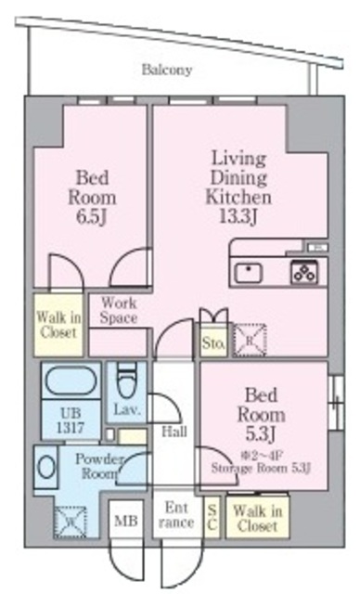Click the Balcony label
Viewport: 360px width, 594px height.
[167, 70]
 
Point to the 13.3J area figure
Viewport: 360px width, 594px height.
[238, 217]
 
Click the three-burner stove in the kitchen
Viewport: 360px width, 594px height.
[303, 272]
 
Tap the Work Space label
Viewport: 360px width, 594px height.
[119, 310]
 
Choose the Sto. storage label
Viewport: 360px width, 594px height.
[212, 344]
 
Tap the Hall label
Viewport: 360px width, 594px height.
[174, 432]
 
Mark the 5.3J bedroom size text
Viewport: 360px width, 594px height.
[263, 434]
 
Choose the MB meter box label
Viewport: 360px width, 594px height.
[125, 521]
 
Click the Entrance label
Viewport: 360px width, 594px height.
[176, 515]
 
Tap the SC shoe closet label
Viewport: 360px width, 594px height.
[212, 517]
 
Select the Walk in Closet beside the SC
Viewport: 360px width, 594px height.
[256, 517]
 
